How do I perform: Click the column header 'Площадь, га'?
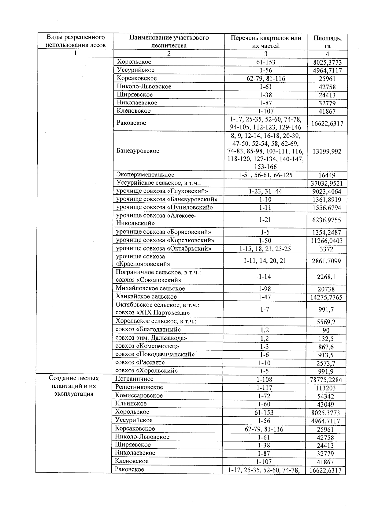[327, 42]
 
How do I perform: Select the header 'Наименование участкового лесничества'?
[169, 42]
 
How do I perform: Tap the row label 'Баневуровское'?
[138, 151]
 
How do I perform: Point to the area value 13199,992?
[327, 151]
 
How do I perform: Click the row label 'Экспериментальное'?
[145, 175]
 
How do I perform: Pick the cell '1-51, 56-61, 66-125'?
[265, 175]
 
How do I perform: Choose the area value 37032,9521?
[327, 183]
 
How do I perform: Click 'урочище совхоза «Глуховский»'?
[162, 191]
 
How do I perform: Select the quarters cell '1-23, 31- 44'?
[265, 191]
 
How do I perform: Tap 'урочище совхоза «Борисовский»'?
[164, 232]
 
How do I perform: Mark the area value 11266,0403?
[327, 241]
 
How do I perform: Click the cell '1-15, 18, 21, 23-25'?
[265, 249]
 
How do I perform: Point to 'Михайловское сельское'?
[150, 288]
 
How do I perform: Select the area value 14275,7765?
[326, 297]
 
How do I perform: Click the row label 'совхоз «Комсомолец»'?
[147, 346]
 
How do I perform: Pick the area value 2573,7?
[326, 364]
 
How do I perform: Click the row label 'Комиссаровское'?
[139, 395]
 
